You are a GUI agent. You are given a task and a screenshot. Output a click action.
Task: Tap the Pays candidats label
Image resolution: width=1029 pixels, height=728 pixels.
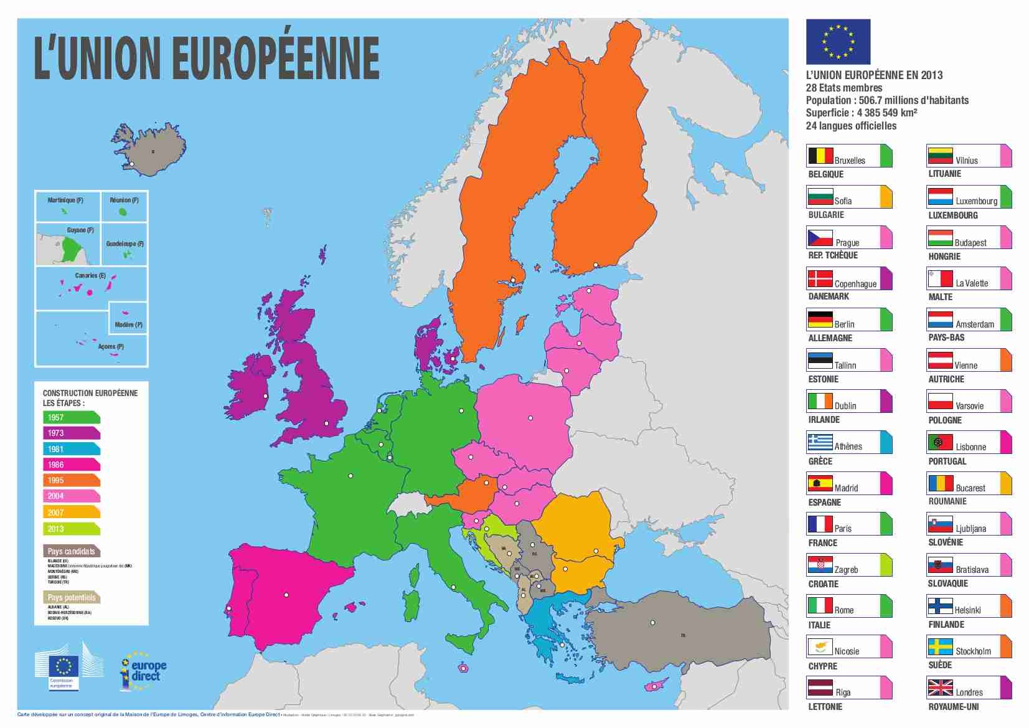[71, 551]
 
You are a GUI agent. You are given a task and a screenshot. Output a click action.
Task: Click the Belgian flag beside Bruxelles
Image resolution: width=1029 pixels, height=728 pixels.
[820, 155]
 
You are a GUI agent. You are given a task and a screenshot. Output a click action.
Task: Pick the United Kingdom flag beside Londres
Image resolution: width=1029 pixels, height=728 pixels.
[940, 688]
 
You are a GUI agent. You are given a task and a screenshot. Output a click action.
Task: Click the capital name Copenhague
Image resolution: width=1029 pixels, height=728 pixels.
[855, 284]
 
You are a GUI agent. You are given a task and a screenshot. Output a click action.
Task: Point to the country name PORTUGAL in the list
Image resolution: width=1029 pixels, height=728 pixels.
[947, 461]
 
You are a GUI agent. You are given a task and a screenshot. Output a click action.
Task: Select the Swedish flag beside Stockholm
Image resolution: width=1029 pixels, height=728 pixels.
[940, 646]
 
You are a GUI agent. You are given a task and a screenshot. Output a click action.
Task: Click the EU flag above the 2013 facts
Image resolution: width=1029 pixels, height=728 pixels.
[838, 42]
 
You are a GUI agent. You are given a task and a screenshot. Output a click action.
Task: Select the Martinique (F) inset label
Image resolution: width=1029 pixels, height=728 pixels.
[65, 200]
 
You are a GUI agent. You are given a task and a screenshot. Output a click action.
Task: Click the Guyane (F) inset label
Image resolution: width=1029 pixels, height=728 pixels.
[80, 230]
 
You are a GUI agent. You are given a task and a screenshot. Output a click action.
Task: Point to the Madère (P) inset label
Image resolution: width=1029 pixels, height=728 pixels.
[129, 324]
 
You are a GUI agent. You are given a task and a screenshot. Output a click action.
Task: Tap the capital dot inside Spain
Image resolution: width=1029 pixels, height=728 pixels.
[286, 595]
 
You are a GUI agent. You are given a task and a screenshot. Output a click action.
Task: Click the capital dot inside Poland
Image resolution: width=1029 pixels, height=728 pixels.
[530, 418]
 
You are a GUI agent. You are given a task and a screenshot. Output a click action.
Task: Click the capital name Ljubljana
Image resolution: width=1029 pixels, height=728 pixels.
[970, 529]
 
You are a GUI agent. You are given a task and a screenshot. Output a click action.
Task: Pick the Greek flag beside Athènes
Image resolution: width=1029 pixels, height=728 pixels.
[820, 442]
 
